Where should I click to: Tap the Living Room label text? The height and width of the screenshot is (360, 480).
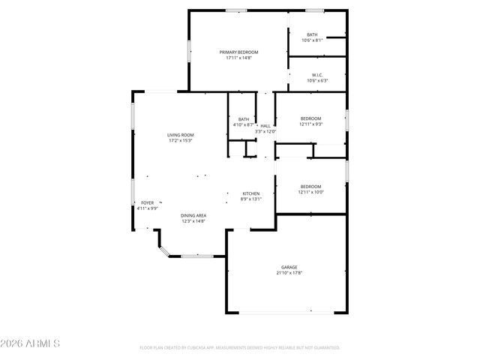180,135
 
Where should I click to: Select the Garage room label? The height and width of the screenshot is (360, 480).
289,268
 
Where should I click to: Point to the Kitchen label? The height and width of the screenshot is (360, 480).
250,193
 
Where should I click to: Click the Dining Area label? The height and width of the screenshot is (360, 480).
193,216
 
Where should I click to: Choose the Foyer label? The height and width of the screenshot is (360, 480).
147,202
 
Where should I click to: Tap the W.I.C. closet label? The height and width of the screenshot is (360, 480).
317,74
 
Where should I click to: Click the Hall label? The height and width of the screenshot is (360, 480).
265,126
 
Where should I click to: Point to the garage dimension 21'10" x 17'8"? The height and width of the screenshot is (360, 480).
289,274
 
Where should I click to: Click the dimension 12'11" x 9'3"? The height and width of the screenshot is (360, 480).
310,124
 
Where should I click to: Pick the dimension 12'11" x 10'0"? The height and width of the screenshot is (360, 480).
310,193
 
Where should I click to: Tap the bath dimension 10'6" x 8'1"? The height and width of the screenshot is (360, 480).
312,40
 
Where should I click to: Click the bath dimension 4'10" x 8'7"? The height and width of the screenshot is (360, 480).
244,125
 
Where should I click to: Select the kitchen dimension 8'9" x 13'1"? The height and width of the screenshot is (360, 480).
250,199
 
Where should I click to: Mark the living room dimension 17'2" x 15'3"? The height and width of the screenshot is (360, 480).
180,141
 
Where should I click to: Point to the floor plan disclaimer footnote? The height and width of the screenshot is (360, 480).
240,348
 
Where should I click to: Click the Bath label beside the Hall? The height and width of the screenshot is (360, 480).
244,119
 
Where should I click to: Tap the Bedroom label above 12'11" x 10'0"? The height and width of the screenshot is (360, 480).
310,187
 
